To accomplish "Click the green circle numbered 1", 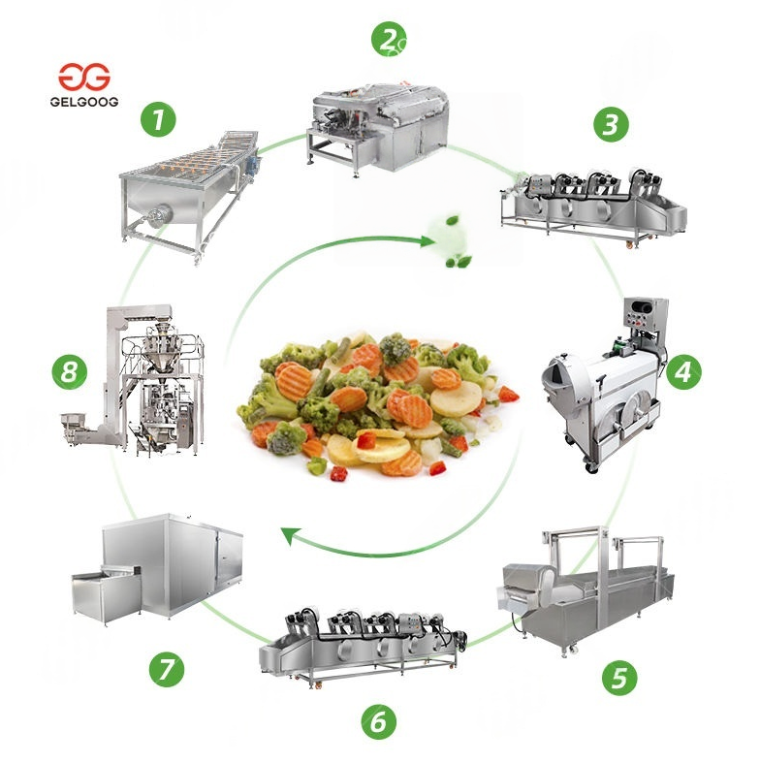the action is coord(158,120).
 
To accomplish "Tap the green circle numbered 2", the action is coord(389,41).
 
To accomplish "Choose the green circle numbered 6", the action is coord(379,720).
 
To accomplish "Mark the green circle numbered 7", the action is coord(167,669).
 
